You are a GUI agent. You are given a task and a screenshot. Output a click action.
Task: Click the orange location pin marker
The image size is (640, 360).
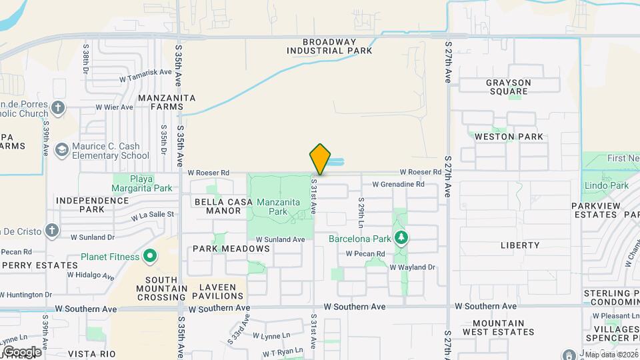click(320, 159)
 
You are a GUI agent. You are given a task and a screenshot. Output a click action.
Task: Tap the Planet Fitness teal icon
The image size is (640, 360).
click(150, 256)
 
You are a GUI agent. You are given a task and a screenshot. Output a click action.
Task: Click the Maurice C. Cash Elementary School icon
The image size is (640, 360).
click(62, 151)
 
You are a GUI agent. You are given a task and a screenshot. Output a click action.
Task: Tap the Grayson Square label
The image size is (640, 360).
click(508, 87)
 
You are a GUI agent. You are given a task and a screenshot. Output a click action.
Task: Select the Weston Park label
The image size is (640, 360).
click(509, 137)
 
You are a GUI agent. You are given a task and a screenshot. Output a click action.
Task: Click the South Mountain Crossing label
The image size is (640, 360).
click(156, 284)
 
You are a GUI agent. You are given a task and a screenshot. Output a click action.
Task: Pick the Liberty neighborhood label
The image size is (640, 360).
click(519, 245)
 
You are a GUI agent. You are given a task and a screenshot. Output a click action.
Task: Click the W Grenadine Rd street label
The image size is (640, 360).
click(398, 184)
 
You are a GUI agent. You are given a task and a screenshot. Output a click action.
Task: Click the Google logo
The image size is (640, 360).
click(22, 351)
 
